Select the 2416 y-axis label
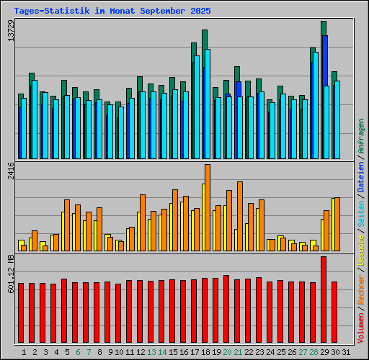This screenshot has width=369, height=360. [9, 175]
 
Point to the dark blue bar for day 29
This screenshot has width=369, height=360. [325, 60]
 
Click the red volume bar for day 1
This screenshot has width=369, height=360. [21, 313]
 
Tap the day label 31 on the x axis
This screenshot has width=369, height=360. [346, 352]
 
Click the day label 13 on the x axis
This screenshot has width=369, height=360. [151, 352]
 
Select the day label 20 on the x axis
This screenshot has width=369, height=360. [226, 352]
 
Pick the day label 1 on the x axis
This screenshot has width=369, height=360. [24, 352]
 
